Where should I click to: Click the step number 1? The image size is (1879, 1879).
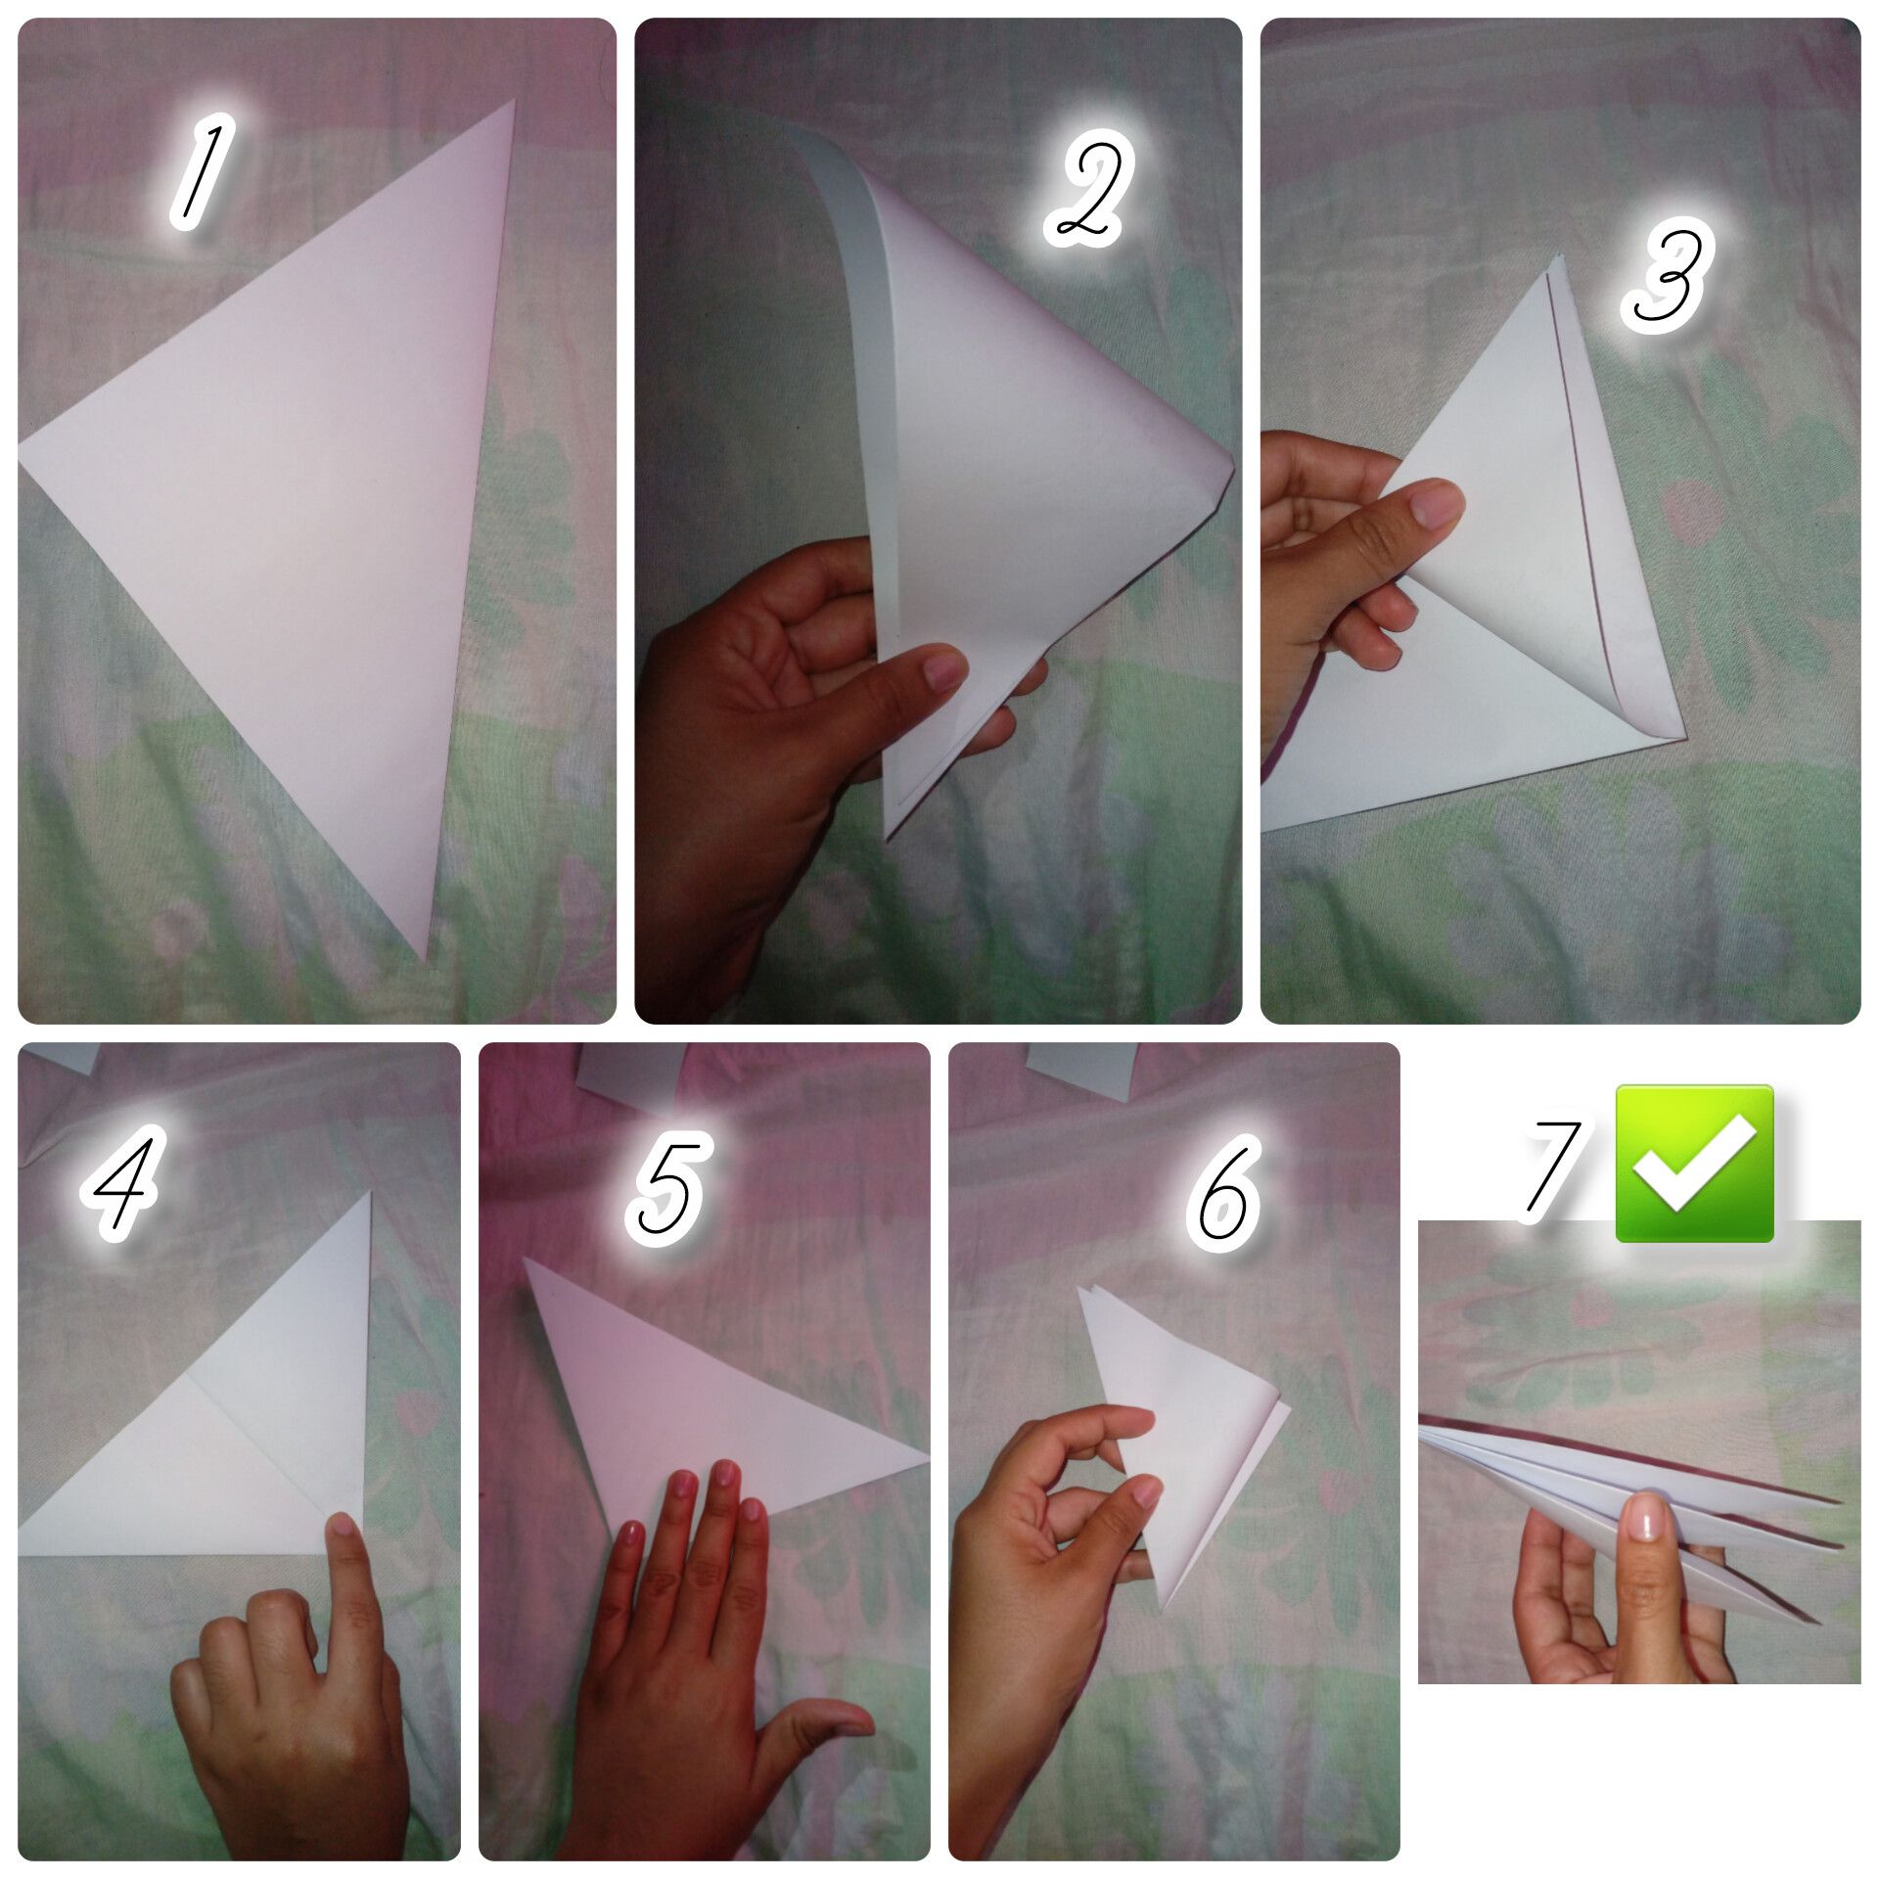tap(201, 172)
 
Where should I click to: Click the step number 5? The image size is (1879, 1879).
tap(669, 1183)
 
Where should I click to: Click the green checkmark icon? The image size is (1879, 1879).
tap(1694, 1163)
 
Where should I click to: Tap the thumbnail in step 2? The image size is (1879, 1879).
tap(943, 673)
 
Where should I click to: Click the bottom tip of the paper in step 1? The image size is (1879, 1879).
tap(424, 959)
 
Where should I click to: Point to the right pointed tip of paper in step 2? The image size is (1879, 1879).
tap(1232, 472)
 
